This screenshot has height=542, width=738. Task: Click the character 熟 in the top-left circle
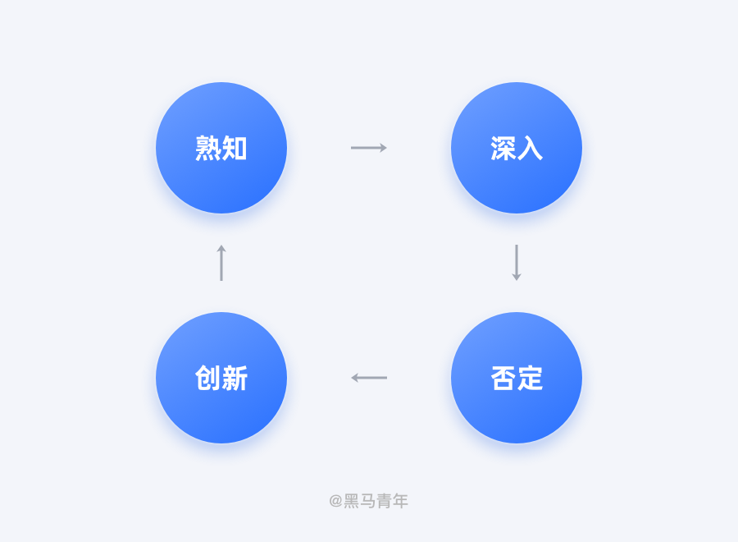pyautogui.click(x=207, y=148)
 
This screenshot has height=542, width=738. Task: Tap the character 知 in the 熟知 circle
pyautogui.click(x=235, y=148)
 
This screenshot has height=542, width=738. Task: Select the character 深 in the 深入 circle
pyautogui.click(x=503, y=148)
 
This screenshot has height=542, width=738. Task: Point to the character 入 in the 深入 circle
pyautogui.click(x=530, y=148)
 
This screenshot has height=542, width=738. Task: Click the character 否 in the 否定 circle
pyautogui.click(x=503, y=378)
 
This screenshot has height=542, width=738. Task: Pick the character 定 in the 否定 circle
pyautogui.click(x=530, y=378)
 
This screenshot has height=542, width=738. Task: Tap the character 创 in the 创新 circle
pyautogui.click(x=207, y=378)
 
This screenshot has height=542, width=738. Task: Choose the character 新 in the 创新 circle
pyautogui.click(x=235, y=378)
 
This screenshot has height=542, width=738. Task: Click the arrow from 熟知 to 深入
pyautogui.click(x=369, y=148)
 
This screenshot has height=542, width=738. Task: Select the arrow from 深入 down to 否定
pyautogui.click(x=517, y=263)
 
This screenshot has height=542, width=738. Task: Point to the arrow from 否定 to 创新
pyautogui.click(x=369, y=378)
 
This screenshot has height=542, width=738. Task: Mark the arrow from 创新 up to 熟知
pyautogui.click(x=221, y=263)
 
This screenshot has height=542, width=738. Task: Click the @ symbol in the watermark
pyautogui.click(x=335, y=500)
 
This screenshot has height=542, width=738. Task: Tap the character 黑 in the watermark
pyautogui.click(x=351, y=500)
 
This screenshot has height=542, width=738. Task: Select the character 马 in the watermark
pyautogui.click(x=367, y=500)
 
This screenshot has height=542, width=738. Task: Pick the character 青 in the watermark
pyautogui.click(x=384, y=500)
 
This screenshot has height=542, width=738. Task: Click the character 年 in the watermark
pyautogui.click(x=400, y=500)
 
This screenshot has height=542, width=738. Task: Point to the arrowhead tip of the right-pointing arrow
pyautogui.click(x=387, y=148)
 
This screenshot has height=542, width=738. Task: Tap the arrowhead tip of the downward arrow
pyautogui.click(x=517, y=281)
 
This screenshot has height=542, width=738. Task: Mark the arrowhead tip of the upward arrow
pyautogui.click(x=221, y=245)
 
